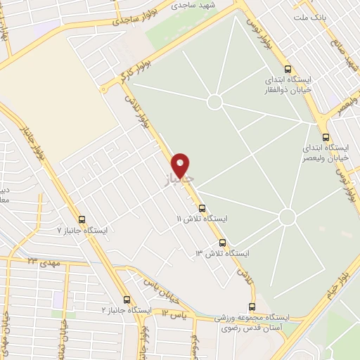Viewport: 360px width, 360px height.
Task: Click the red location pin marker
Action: tap(181, 165)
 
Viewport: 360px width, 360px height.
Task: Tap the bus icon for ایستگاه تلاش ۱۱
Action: tap(202, 208)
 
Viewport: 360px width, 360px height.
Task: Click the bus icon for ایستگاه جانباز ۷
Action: tap(82, 219)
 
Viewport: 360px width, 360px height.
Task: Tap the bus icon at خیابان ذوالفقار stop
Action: tap(288, 69)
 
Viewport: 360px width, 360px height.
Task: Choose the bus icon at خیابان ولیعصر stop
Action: tap(325, 138)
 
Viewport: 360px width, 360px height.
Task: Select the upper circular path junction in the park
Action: tap(215, 102)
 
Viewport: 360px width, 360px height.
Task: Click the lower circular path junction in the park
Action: tap(287, 217)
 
